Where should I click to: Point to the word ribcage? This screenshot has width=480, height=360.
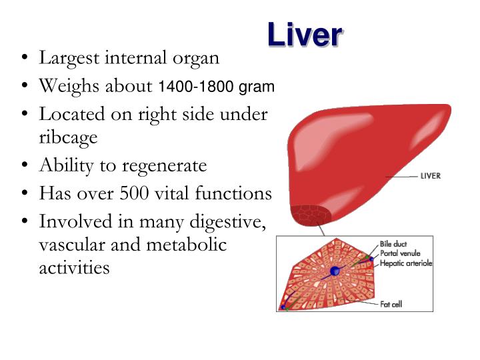[68, 137]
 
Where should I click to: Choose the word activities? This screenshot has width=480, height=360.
[74, 268]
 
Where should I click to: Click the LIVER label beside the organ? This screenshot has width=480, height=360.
[430, 177]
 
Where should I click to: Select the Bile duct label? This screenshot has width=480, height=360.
[394, 245]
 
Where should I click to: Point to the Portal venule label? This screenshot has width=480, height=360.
[401, 254]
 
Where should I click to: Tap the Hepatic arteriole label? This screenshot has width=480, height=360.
[406, 263]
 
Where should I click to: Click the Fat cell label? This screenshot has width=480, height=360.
[391, 304]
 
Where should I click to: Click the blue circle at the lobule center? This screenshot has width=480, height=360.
[335, 271]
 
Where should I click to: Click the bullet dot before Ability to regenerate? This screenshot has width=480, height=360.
[23, 165]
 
